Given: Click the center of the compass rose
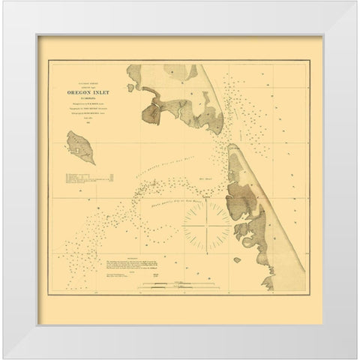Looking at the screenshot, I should [208, 223].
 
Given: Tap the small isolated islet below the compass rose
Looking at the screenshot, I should [237, 259].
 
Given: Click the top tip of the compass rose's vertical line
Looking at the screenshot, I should [208, 198].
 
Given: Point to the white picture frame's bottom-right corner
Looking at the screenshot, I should [339, 339].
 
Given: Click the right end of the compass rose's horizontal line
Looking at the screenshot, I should [232, 223].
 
